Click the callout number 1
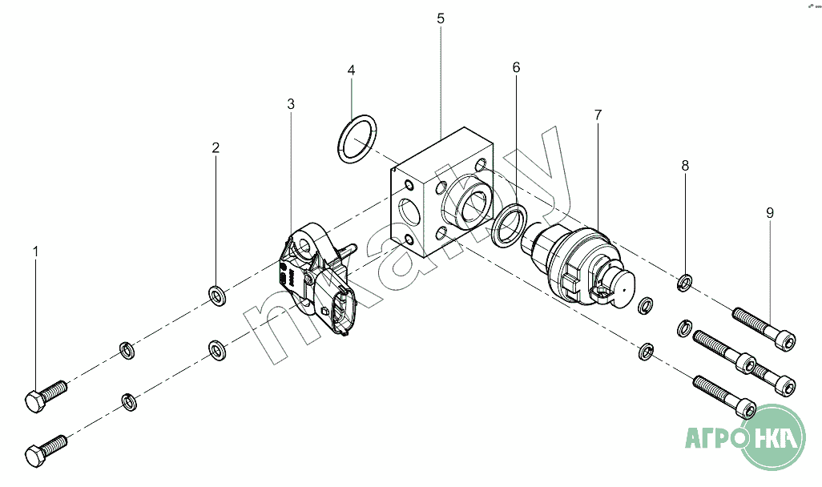pyautogui.click(x=35, y=252)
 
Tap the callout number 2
pyautogui.click(x=216, y=148)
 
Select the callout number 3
pyautogui.click(x=291, y=104)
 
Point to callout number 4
pyautogui.click(x=351, y=70)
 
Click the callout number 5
pyautogui.click(x=441, y=19)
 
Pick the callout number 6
pyautogui.click(x=517, y=67)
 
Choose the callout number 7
pyautogui.click(x=598, y=115)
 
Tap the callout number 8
pyautogui.click(x=685, y=166)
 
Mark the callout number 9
pyautogui.click(x=770, y=213)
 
